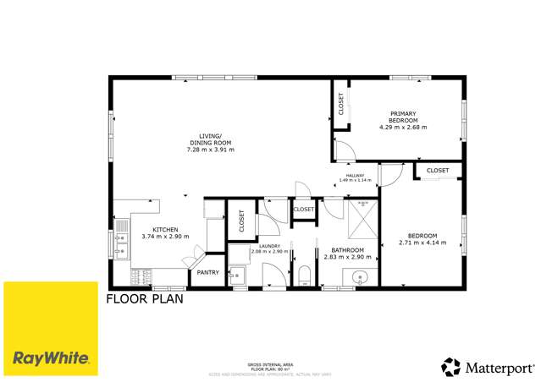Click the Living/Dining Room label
click(x=210, y=138)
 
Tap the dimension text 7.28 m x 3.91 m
click(x=210, y=150)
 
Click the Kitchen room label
click(x=165, y=230)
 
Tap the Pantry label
click(x=207, y=273)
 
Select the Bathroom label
click(x=347, y=250)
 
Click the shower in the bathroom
click(x=362, y=221)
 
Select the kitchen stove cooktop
click(x=141, y=276)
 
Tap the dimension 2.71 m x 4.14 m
click(x=422, y=243)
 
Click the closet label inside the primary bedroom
click(x=341, y=104)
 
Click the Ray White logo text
click(x=50, y=357)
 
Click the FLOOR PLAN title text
click(x=145, y=298)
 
